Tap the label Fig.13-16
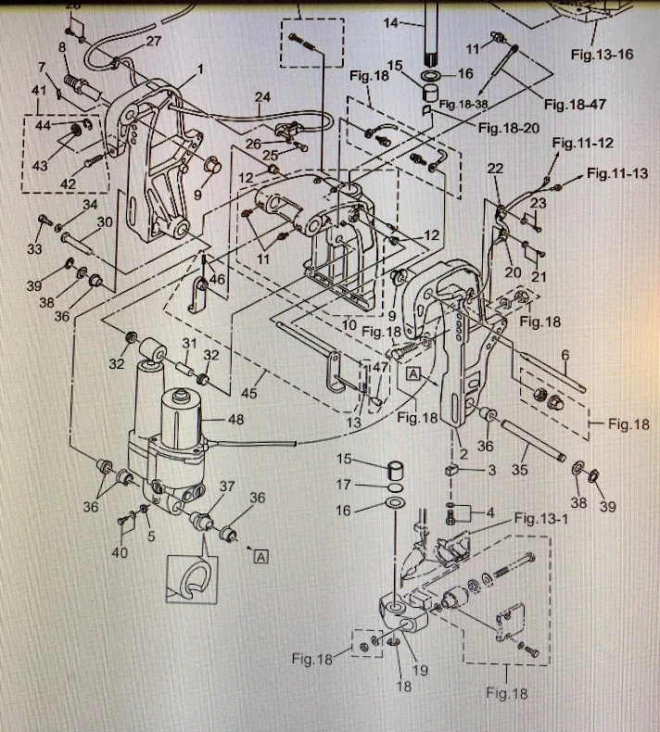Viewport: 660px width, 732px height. pos(603,55)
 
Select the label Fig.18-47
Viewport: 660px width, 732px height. pos(575,104)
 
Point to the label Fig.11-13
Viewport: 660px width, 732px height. pos(617,174)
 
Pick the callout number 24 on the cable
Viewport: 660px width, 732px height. pos(262,96)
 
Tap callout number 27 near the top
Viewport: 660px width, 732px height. pos(153,41)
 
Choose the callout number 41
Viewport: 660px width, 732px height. pos(38,90)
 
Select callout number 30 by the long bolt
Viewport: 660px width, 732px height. pos(105,221)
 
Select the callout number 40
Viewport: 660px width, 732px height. pos(121,554)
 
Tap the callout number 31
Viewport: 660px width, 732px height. pos(189,344)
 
